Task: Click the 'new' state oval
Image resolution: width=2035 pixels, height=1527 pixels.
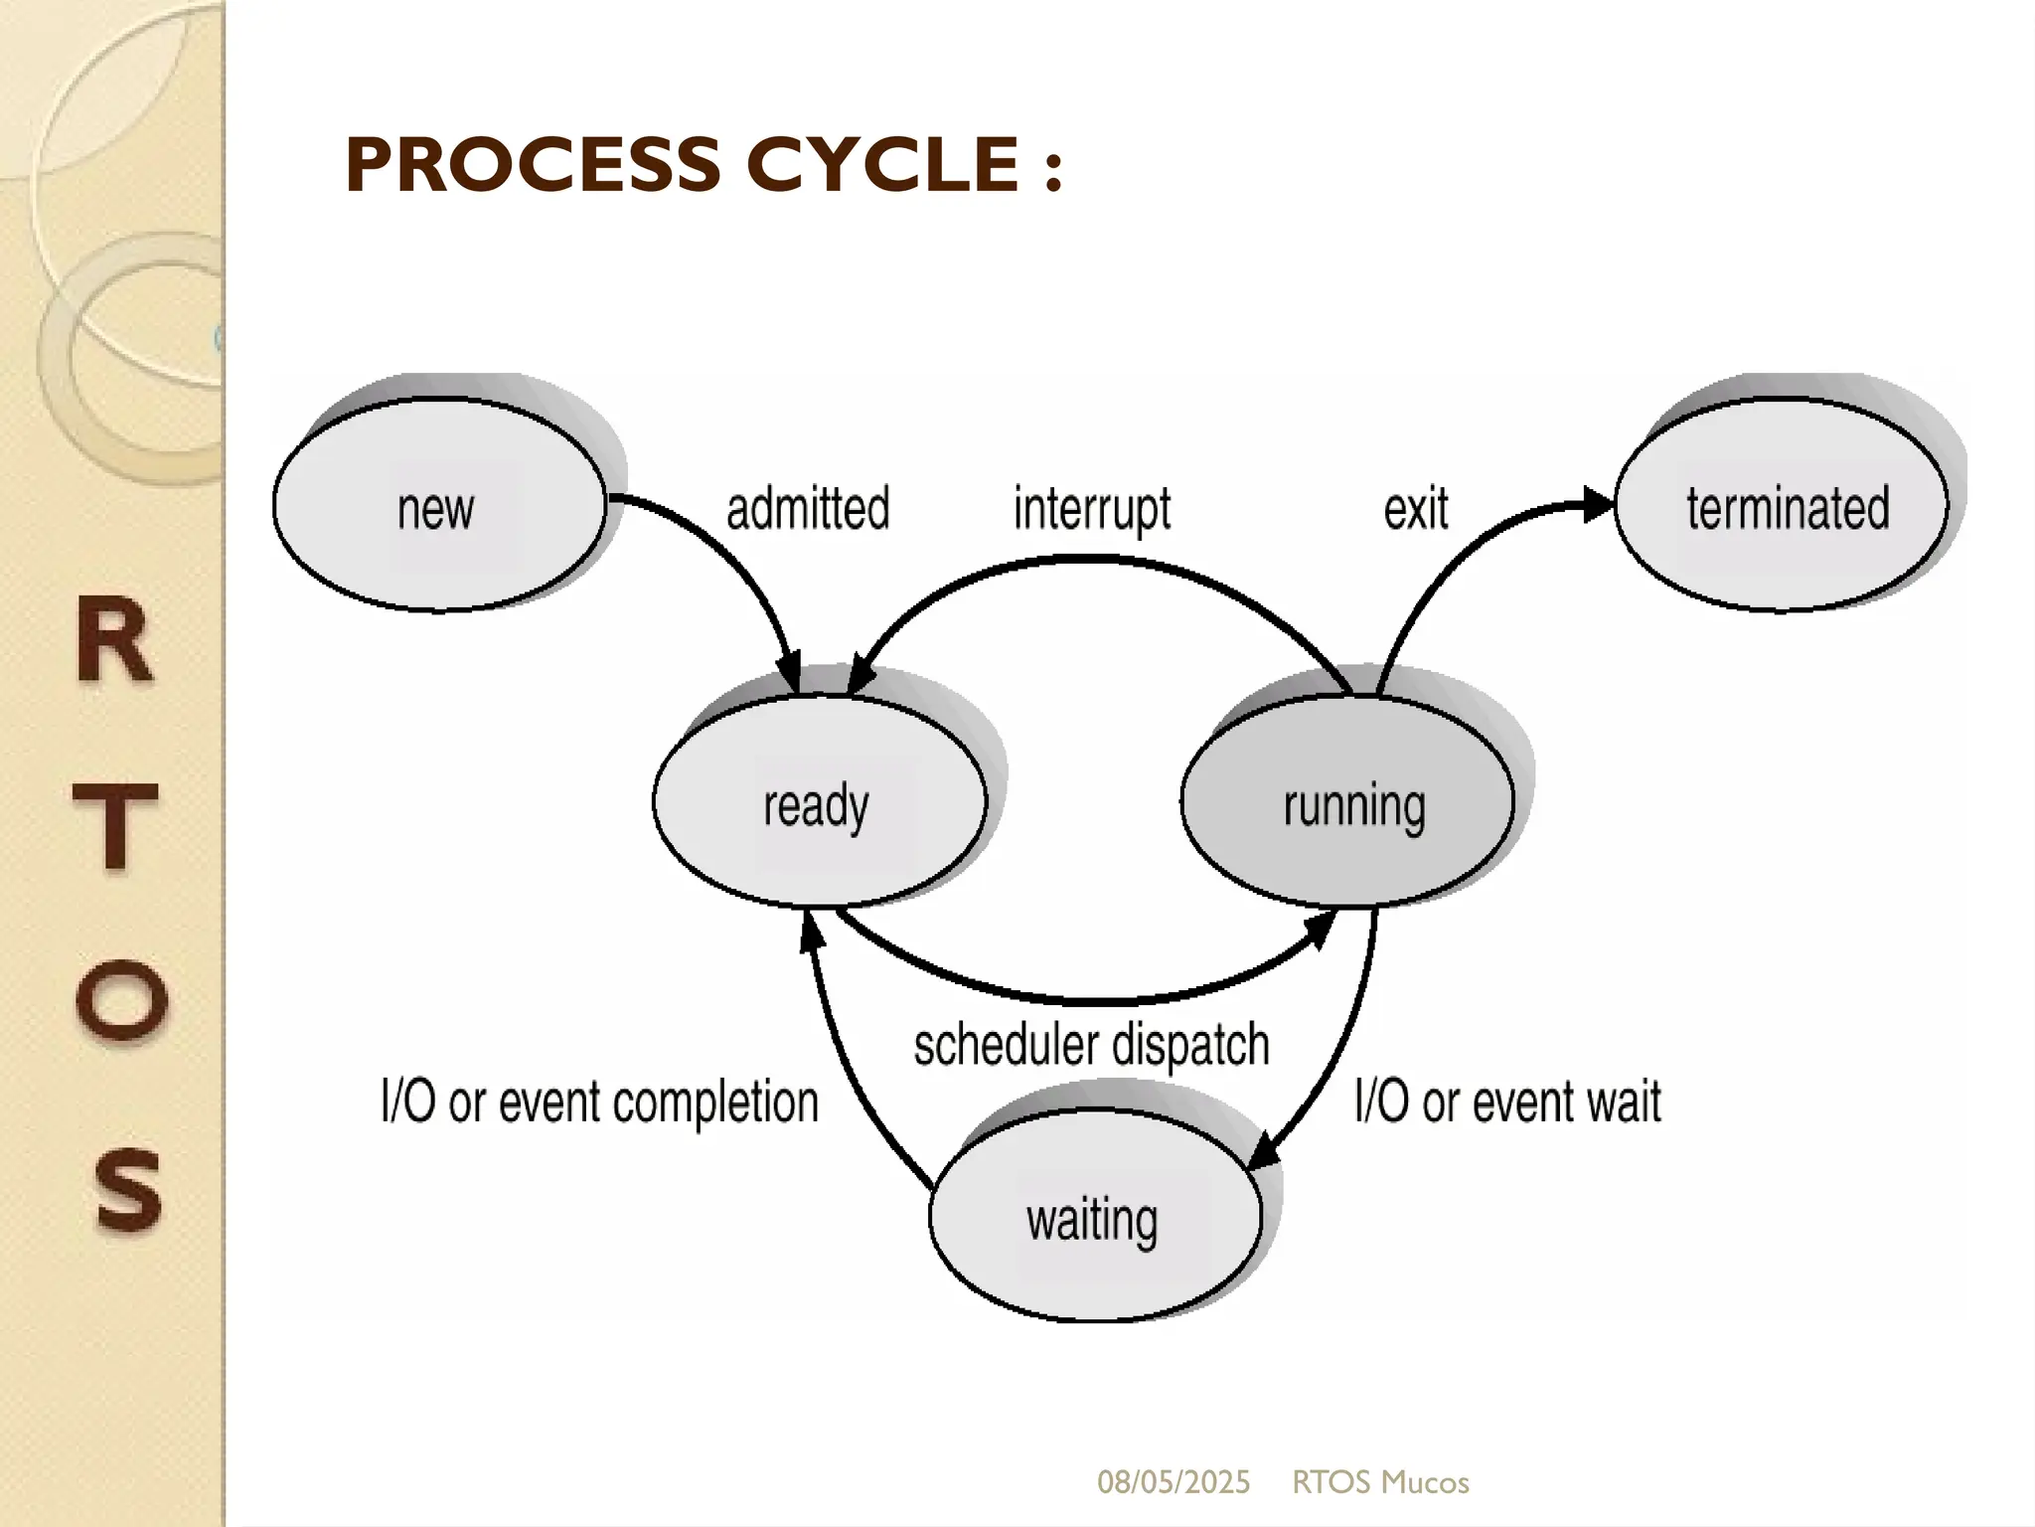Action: click(x=438, y=505)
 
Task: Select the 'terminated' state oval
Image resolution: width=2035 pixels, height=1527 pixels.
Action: click(x=1782, y=505)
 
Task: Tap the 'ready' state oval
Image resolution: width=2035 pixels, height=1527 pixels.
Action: click(x=819, y=801)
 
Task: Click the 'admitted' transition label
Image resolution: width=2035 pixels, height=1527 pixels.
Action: click(x=808, y=508)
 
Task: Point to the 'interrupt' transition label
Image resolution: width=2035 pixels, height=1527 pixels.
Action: click(x=1091, y=509)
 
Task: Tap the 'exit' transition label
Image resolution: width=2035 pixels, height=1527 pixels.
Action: click(x=1415, y=509)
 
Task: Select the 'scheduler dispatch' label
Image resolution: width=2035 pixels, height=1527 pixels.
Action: click(x=1091, y=1045)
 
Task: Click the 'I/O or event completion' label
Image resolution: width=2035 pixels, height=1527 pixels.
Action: click(x=599, y=1102)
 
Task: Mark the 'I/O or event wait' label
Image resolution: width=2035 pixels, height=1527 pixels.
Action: click(x=1506, y=1102)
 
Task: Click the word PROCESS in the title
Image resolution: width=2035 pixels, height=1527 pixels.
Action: click(x=532, y=165)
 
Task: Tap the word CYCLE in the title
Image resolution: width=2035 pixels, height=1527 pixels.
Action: click(x=882, y=165)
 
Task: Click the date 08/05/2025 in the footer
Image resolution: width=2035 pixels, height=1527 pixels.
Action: click(x=1173, y=1482)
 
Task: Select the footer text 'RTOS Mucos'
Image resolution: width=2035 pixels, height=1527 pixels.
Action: click(x=1379, y=1482)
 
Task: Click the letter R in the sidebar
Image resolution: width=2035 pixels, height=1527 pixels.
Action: click(x=114, y=640)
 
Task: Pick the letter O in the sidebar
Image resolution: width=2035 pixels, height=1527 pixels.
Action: click(x=120, y=999)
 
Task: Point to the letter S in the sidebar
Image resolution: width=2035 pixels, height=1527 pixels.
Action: click(x=127, y=1188)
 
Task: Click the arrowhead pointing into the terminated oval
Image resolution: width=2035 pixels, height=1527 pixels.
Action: click(x=1597, y=504)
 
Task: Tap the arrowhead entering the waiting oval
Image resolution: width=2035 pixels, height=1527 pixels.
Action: click(x=1263, y=1153)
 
